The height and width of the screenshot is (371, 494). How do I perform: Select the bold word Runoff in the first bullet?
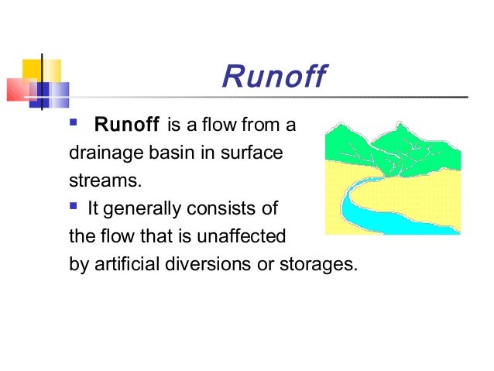click(126, 125)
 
